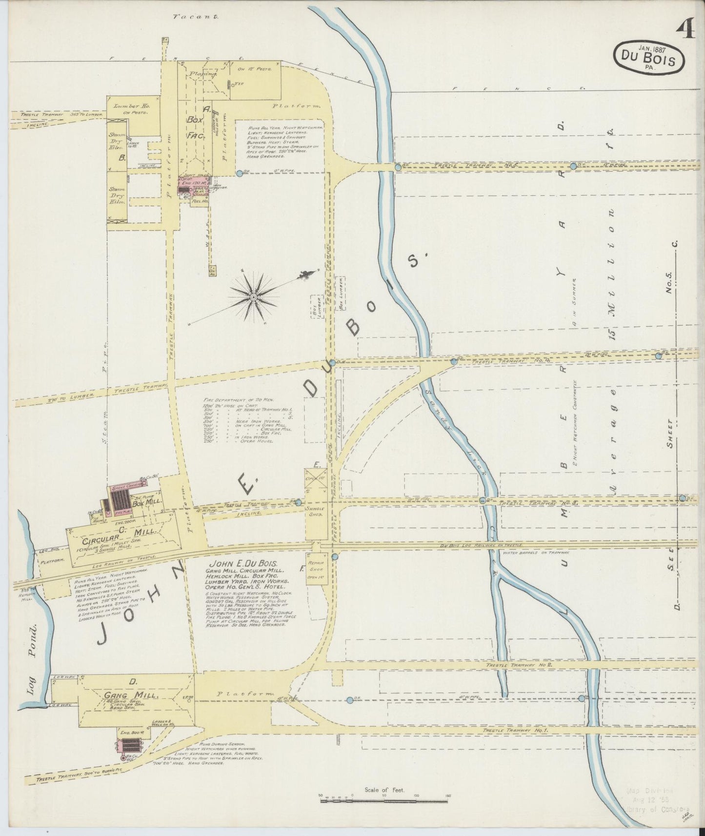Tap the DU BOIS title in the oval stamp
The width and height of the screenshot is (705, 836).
(x=648, y=60)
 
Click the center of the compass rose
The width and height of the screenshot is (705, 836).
(x=254, y=297)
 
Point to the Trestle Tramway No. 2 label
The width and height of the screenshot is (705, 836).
(x=518, y=665)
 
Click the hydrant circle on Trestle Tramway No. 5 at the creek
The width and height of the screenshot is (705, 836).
(x=398, y=167)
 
